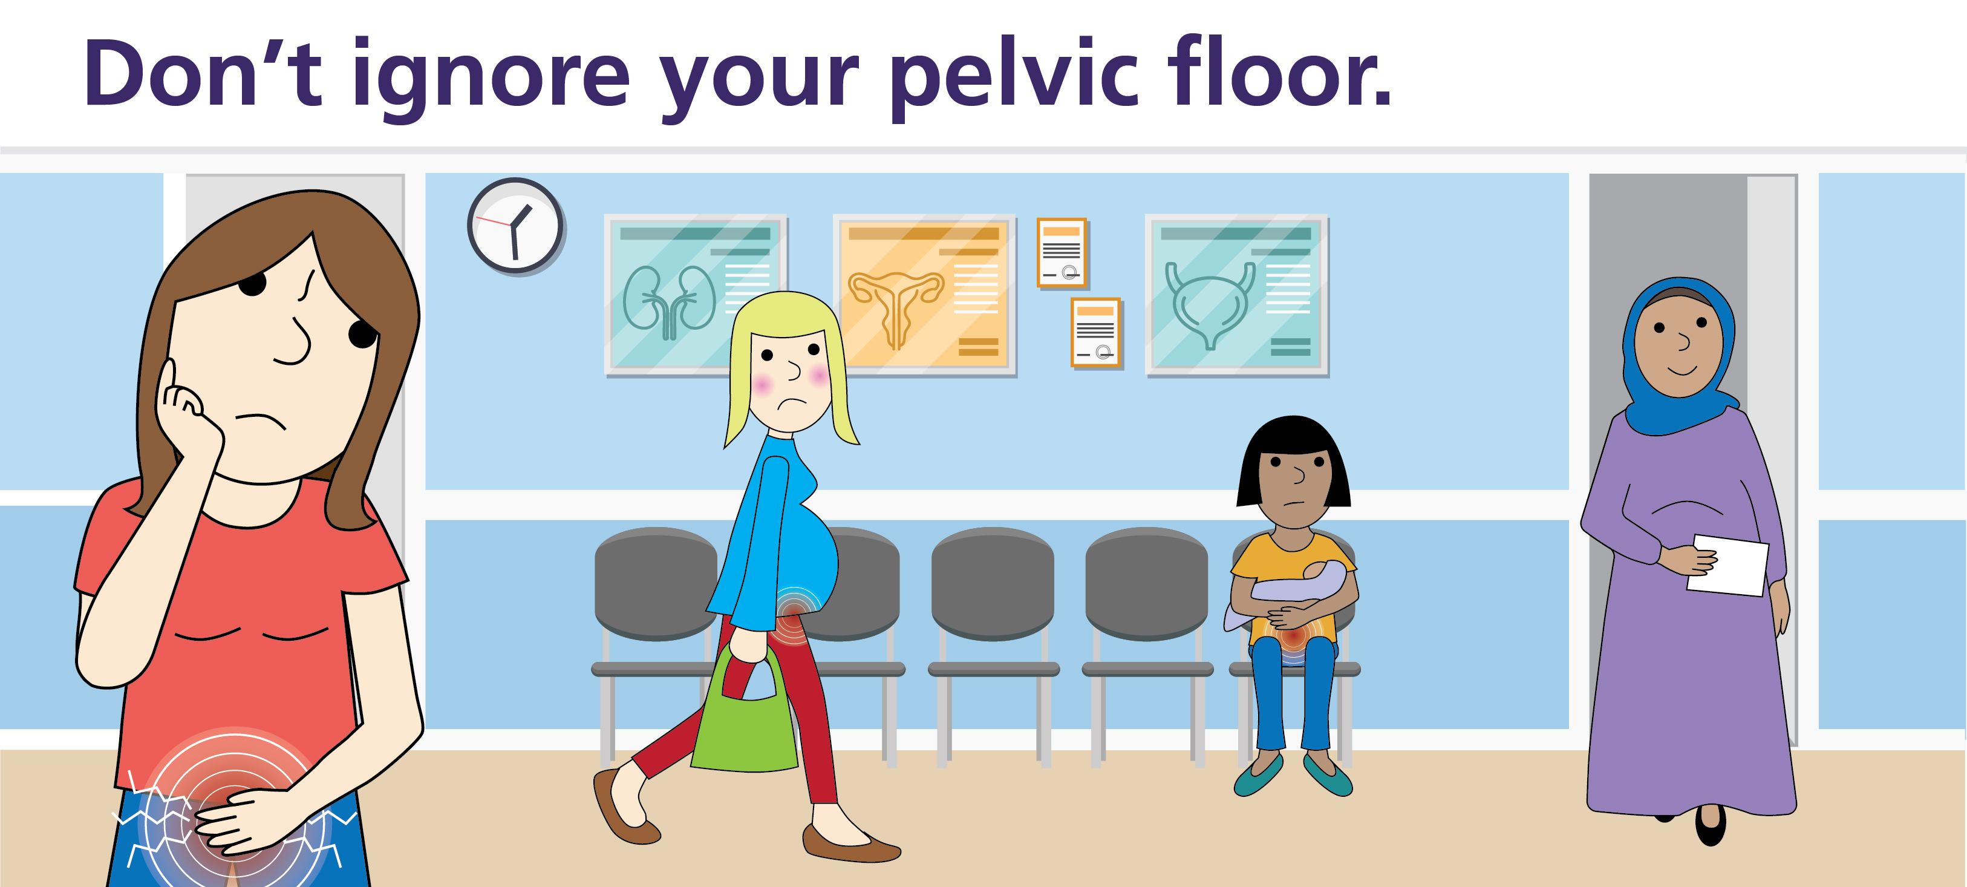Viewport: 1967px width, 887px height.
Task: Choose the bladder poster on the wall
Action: pos(1237,294)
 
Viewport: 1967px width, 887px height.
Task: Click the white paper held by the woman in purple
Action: pos(1727,565)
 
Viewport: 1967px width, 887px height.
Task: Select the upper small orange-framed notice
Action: pos(1062,253)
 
